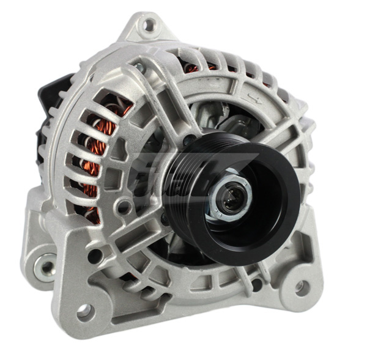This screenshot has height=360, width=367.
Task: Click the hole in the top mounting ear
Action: (x=147, y=25)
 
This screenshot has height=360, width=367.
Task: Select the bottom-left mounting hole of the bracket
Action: (x=84, y=311)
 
